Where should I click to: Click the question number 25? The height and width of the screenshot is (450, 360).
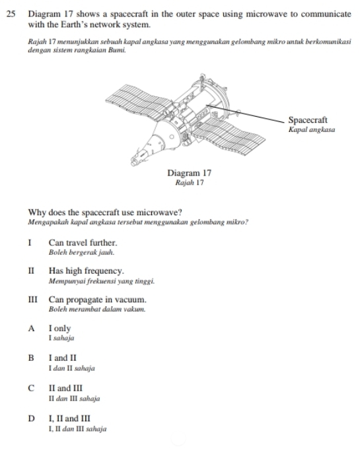(x=11, y=14)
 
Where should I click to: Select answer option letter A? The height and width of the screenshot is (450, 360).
(x=31, y=329)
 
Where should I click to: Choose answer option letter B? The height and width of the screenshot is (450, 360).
(x=31, y=358)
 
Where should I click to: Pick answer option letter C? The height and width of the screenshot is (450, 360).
(x=31, y=388)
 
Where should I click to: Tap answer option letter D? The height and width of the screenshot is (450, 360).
(x=31, y=418)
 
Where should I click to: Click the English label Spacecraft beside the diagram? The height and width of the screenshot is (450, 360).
(x=308, y=120)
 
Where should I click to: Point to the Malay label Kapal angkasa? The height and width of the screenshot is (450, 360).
(x=312, y=130)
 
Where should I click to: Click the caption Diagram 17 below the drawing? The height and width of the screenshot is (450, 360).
(x=190, y=173)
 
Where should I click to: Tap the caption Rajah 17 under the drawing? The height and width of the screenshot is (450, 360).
(x=190, y=183)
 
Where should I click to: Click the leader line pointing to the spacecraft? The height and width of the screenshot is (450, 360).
(x=245, y=113)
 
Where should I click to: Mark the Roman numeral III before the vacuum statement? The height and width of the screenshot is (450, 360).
(x=33, y=300)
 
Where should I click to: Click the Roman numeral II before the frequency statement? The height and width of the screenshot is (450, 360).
(x=31, y=271)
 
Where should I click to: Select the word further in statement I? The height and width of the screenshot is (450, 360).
(x=104, y=243)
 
